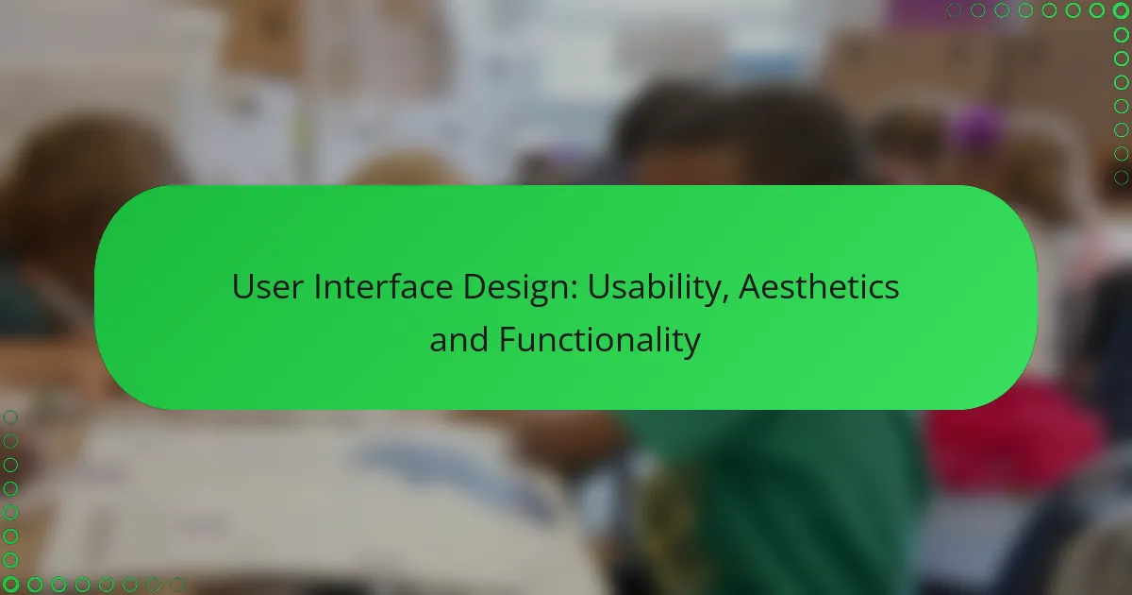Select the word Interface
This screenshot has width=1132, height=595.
click(383, 287)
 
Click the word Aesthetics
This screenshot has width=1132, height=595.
click(819, 287)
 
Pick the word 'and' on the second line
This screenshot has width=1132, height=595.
click(458, 339)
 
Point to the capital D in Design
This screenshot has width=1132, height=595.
click(474, 287)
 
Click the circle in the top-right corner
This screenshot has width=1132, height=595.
click(1121, 10)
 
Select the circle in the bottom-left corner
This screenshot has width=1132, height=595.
click(10, 585)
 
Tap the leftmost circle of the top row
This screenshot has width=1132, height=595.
click(954, 10)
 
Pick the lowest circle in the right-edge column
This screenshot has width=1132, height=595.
click(1121, 178)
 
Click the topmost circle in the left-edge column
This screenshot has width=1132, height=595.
click(10, 417)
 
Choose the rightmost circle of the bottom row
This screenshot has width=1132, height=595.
click(177, 585)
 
